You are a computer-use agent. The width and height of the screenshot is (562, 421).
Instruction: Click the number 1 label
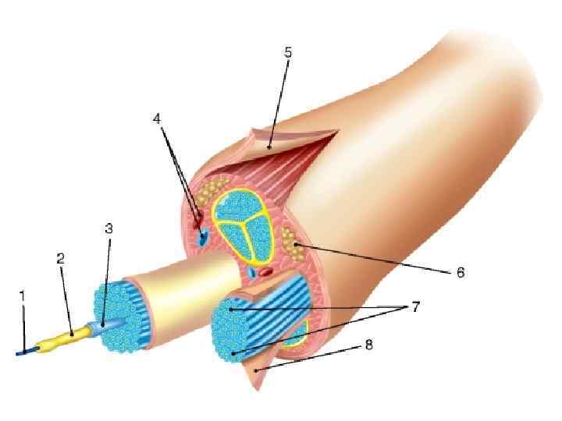[23, 296]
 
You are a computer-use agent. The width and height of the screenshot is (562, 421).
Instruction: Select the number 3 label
[108, 228]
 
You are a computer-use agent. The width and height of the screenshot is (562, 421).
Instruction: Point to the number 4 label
[157, 119]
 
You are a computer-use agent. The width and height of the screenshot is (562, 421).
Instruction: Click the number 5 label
[288, 52]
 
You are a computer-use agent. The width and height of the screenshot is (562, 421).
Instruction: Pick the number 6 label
[461, 272]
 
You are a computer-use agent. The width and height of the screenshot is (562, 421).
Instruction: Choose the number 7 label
[416, 307]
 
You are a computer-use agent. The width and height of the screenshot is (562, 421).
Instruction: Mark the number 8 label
[368, 344]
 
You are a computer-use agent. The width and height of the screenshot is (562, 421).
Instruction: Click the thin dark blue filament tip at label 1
[23, 352]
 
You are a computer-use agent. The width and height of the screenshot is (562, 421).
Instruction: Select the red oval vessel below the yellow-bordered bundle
[266, 273]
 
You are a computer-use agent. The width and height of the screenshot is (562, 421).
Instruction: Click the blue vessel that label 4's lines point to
[203, 236]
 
